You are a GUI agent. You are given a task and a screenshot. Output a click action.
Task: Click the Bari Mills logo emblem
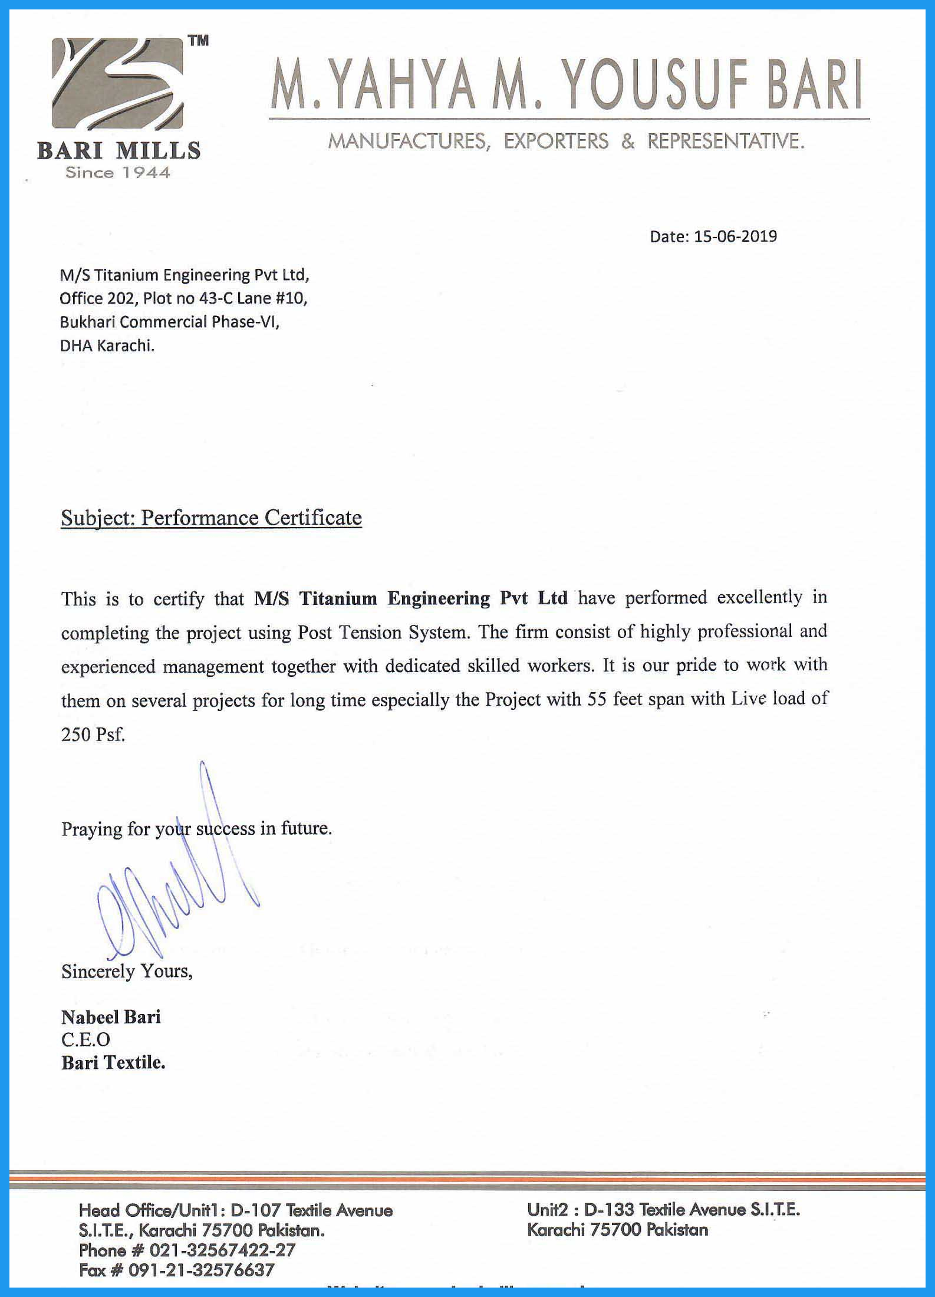tap(118, 83)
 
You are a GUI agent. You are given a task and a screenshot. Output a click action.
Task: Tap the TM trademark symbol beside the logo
tap(199, 41)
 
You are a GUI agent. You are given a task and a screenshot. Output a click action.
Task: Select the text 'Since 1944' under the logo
tap(118, 173)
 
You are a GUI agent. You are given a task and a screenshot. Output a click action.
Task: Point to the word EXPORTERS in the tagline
tap(556, 141)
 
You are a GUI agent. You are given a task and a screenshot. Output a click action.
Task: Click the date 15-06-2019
tap(735, 236)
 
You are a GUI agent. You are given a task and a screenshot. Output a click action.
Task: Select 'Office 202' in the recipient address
tap(97, 298)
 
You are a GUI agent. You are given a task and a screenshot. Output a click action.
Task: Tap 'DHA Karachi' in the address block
tap(107, 346)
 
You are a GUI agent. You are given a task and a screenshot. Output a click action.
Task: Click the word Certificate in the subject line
tap(312, 518)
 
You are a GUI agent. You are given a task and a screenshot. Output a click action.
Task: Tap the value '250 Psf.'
tap(93, 735)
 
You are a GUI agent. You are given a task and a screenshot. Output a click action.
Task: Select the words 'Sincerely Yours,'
tap(127, 971)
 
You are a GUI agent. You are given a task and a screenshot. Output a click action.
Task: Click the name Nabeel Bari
tap(111, 1017)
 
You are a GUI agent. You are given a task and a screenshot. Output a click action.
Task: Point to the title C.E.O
tap(85, 1040)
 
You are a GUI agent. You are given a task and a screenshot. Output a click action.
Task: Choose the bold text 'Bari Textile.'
tap(113, 1062)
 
